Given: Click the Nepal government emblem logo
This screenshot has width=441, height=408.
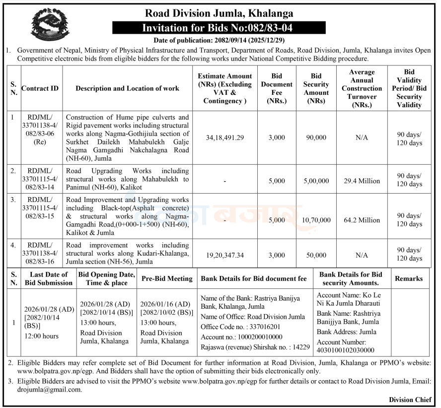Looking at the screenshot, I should [48, 23].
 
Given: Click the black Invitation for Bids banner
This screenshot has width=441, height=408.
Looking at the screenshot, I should [219, 27].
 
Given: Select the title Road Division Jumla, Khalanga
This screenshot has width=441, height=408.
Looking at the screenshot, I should [219, 13].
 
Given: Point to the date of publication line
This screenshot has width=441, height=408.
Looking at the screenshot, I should [219, 40].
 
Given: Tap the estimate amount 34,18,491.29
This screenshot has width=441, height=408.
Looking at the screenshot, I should [225, 137].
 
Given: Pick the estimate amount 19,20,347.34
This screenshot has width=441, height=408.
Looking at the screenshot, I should [225, 255].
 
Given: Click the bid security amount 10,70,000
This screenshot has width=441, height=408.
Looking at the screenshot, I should [316, 220].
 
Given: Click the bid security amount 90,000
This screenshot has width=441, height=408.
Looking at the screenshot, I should [316, 137].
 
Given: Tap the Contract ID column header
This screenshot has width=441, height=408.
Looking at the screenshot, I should [40, 88].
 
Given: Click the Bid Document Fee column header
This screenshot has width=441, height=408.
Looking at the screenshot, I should [277, 88].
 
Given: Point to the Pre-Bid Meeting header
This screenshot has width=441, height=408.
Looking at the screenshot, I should [167, 278].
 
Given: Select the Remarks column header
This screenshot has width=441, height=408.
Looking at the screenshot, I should [409, 278].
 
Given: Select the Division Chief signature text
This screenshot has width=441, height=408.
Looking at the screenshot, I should [410, 400].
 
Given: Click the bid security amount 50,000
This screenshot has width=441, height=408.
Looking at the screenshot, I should [316, 255].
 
